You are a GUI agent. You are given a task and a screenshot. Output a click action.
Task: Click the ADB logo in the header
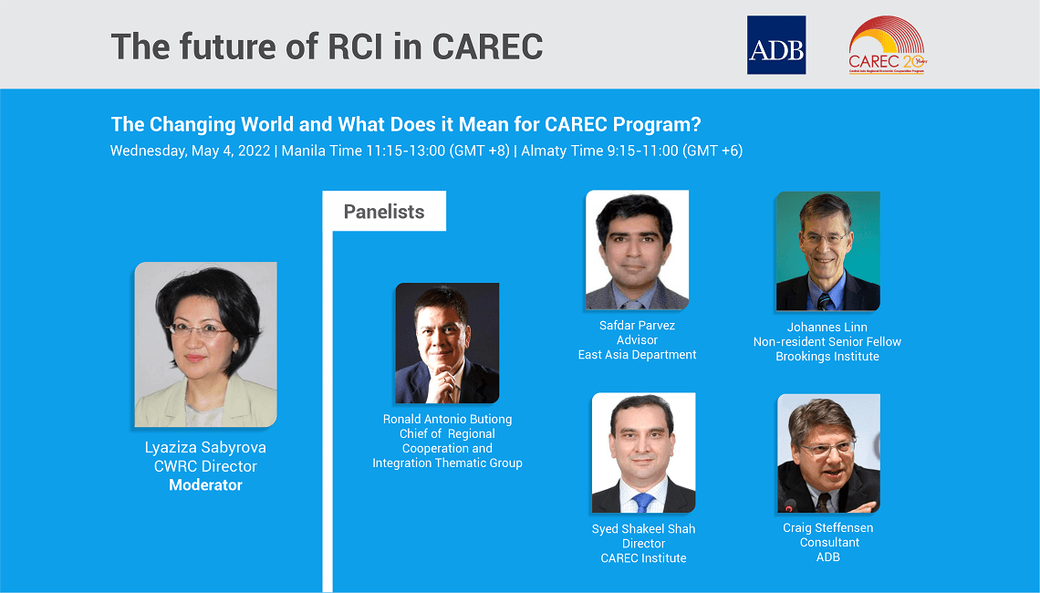click(775, 45)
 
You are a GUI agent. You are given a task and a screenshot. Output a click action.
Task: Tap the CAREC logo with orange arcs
click(887, 45)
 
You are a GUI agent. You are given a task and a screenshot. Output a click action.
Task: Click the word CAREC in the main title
click(487, 46)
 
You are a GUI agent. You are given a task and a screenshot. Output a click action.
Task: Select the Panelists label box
click(384, 212)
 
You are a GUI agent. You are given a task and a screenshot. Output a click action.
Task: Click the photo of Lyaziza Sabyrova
click(205, 344)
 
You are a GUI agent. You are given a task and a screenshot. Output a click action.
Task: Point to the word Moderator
click(205, 485)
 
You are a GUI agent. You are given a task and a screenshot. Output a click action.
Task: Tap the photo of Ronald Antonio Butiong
click(447, 343)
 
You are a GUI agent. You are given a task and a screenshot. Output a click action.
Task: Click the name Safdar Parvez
click(637, 326)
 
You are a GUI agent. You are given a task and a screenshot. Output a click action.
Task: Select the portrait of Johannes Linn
click(827, 252)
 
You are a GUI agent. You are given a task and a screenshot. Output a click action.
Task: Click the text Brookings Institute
click(827, 357)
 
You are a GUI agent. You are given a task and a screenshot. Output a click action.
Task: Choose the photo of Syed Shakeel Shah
click(643, 453)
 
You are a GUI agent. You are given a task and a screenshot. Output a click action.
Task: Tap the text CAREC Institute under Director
click(643, 558)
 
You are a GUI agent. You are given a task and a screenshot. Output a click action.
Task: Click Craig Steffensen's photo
click(828, 453)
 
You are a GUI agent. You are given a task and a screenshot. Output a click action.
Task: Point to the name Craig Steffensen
click(828, 528)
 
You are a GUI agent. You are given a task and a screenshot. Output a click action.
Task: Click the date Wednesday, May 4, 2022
click(190, 151)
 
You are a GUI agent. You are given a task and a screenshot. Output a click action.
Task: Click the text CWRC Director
click(205, 467)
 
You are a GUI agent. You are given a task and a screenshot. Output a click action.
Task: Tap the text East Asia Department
click(637, 355)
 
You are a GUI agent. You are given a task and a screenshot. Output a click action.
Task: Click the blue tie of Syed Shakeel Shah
click(643, 501)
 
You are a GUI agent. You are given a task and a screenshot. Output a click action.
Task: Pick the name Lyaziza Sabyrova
click(205, 448)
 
